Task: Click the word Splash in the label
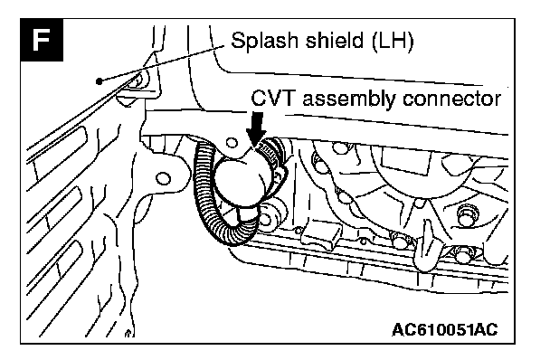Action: pyautogui.click(x=265, y=40)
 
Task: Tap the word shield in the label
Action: pyautogui.click(x=335, y=40)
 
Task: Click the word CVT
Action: pyautogui.click(x=273, y=98)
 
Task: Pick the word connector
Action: pyautogui.click(x=451, y=99)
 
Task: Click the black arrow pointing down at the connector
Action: pyautogui.click(x=259, y=129)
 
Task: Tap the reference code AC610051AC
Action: pyautogui.click(x=444, y=329)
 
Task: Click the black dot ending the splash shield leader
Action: pyautogui.click(x=100, y=81)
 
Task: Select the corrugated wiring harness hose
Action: pyautogui.click(x=214, y=196)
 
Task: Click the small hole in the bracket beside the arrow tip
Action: pyautogui.click(x=232, y=143)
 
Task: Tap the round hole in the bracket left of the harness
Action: pyautogui.click(x=163, y=178)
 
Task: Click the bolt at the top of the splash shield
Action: pyautogui.click(x=137, y=81)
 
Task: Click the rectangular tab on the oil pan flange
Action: pyautogui.click(x=321, y=232)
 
